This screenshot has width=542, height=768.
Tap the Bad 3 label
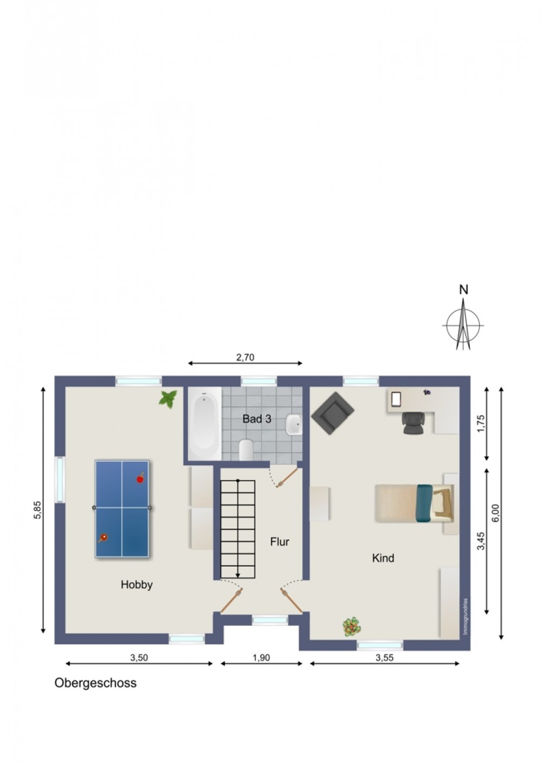click(x=256, y=419)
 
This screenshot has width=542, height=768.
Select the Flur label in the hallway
click(x=280, y=542)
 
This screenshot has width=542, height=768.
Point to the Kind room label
click(x=383, y=558)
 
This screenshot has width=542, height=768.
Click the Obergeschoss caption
click(x=95, y=683)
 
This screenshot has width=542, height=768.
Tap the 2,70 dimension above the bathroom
click(x=246, y=357)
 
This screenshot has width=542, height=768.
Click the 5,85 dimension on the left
click(x=38, y=510)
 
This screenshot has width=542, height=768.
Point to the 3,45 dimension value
click(x=481, y=541)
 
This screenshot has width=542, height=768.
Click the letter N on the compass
click(x=463, y=290)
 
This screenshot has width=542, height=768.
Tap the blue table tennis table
click(x=122, y=509)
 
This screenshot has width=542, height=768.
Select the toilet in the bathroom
click(x=246, y=449)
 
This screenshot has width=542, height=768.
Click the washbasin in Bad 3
click(x=294, y=425)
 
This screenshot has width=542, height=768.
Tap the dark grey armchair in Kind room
click(x=332, y=413)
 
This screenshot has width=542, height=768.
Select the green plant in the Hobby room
click(x=168, y=399)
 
